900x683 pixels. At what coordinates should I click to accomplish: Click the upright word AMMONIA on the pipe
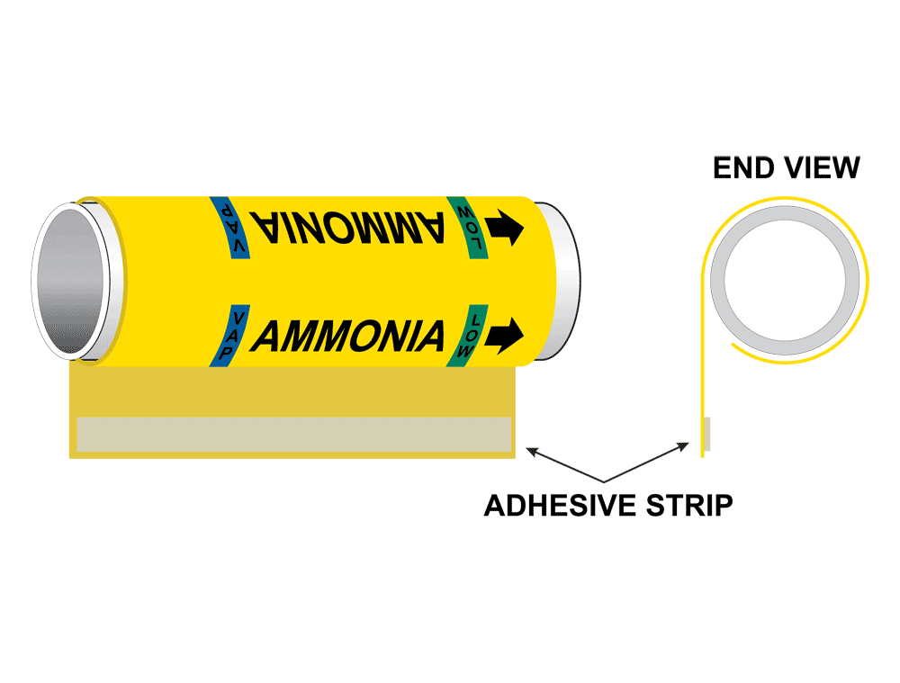tap(348, 336)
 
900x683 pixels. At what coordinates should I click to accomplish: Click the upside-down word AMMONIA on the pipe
tap(348, 223)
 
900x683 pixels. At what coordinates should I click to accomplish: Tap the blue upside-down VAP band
tap(229, 221)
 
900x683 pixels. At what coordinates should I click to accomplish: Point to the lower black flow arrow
tap(506, 334)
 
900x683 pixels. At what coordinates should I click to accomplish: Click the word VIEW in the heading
tap(821, 168)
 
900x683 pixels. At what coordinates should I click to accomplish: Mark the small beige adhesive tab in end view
tap(707, 434)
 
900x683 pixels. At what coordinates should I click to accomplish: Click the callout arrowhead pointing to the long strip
tap(532, 449)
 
